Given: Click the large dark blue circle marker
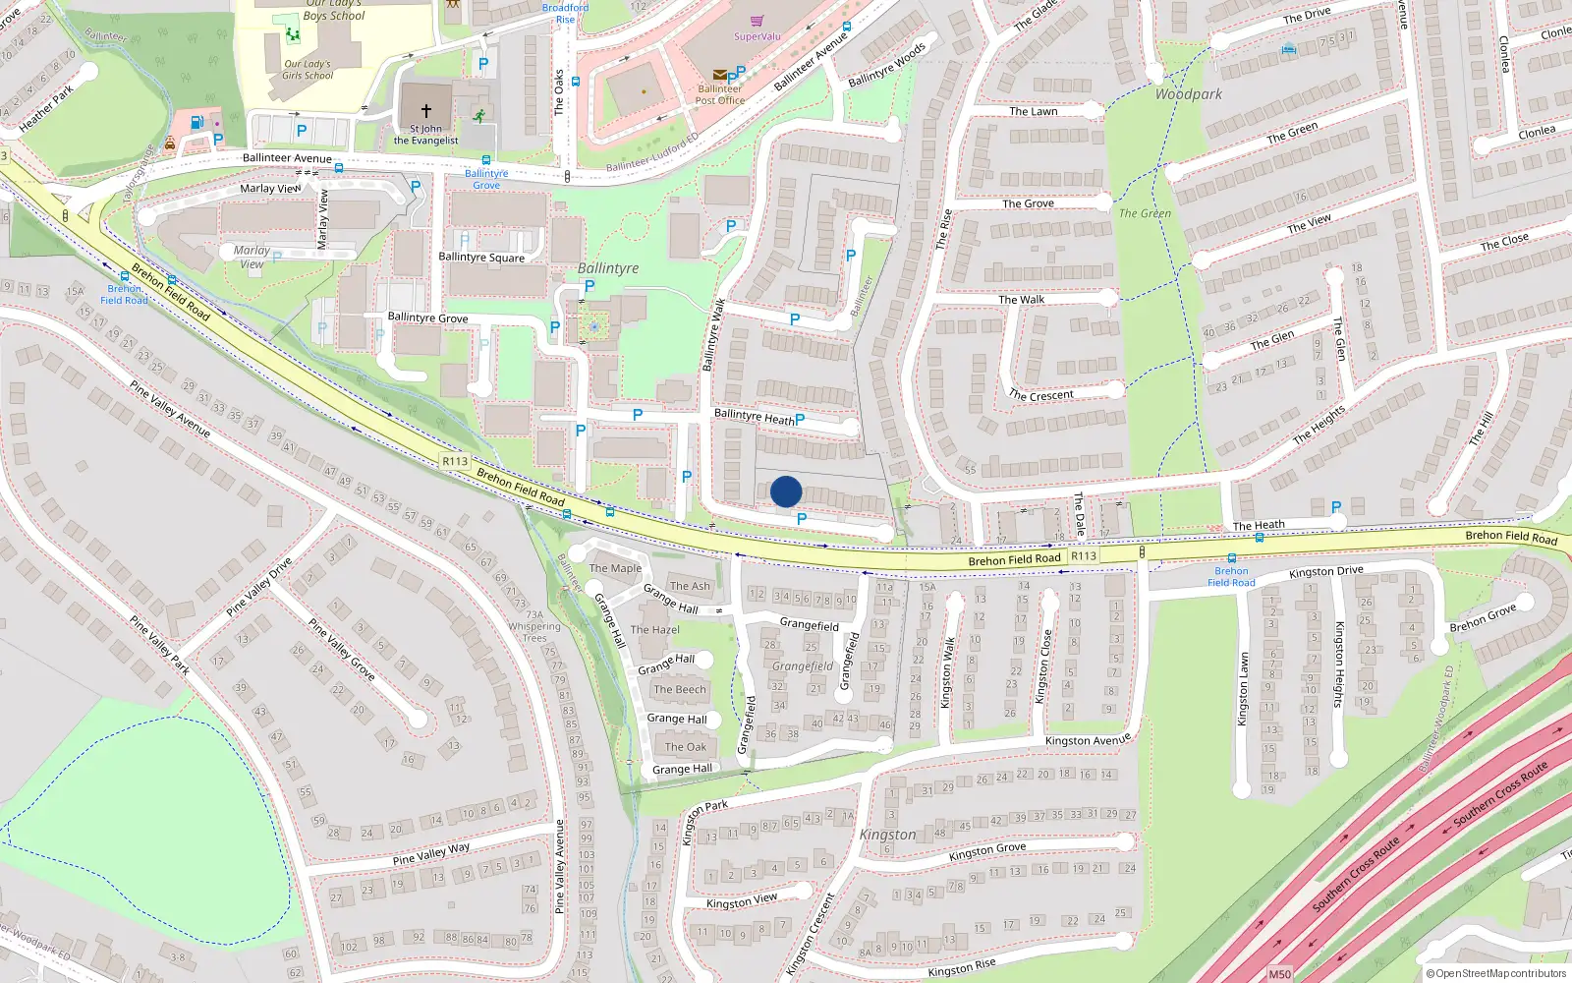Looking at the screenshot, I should [x=786, y=491].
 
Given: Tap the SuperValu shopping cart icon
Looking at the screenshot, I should [x=757, y=21].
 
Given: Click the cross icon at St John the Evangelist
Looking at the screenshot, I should [x=426, y=111].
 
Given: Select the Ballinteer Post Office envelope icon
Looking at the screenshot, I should [x=719, y=75].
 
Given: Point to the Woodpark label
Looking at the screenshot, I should [x=1189, y=94].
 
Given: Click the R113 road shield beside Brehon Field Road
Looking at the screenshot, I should [x=455, y=461].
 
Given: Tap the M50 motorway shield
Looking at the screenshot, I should [x=1279, y=974].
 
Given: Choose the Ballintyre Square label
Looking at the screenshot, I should [x=481, y=258].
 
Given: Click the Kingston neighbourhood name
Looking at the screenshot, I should [x=887, y=835].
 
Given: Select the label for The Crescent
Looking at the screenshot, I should [x=1041, y=395].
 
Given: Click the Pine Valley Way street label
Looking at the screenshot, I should [x=431, y=853].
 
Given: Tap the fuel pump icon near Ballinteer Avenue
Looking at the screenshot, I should [x=196, y=123].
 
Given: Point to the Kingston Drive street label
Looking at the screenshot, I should [x=1326, y=571].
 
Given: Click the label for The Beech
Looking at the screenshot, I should [x=680, y=690].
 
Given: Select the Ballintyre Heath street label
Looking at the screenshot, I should [x=754, y=417].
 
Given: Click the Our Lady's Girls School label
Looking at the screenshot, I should [x=308, y=70].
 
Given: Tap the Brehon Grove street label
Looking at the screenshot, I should [x=1483, y=619].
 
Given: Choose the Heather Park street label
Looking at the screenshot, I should [x=46, y=109].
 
